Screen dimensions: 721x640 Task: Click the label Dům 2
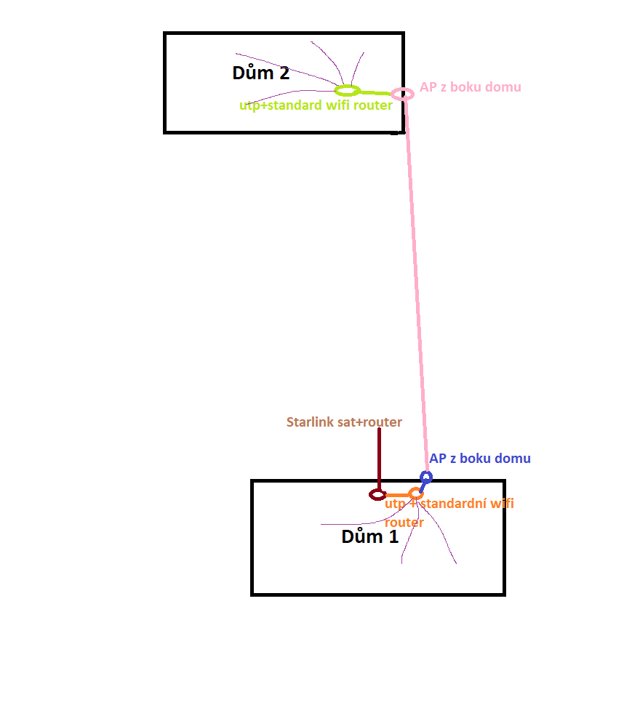260,73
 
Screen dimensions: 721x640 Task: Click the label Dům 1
369,537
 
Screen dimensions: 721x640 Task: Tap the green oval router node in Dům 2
347,91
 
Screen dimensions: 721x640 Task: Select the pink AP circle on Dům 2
402,93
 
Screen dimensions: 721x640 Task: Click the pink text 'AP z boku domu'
470,87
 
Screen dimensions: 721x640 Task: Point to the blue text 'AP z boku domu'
479,459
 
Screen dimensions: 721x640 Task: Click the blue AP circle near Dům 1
426,477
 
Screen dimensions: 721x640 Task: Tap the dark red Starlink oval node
377,494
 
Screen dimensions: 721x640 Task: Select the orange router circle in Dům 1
415,494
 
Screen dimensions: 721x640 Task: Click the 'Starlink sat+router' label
344,422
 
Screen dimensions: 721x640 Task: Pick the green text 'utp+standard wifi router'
316,105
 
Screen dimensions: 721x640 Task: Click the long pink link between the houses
415,283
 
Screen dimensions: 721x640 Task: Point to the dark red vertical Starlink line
379,458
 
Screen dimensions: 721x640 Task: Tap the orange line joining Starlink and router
396,495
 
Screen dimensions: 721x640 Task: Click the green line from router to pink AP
375,92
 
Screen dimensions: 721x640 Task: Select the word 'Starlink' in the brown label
310,422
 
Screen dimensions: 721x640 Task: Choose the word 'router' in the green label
373,105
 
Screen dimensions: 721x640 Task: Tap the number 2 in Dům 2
283,73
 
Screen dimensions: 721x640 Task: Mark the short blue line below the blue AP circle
423,486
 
